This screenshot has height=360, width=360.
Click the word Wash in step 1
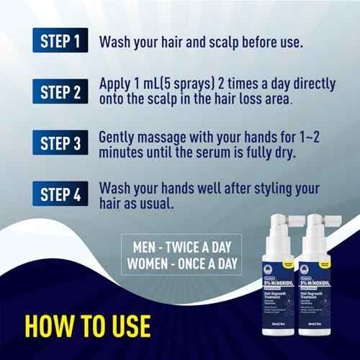[x=118, y=41]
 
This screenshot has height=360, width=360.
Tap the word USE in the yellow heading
[x=126, y=326]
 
